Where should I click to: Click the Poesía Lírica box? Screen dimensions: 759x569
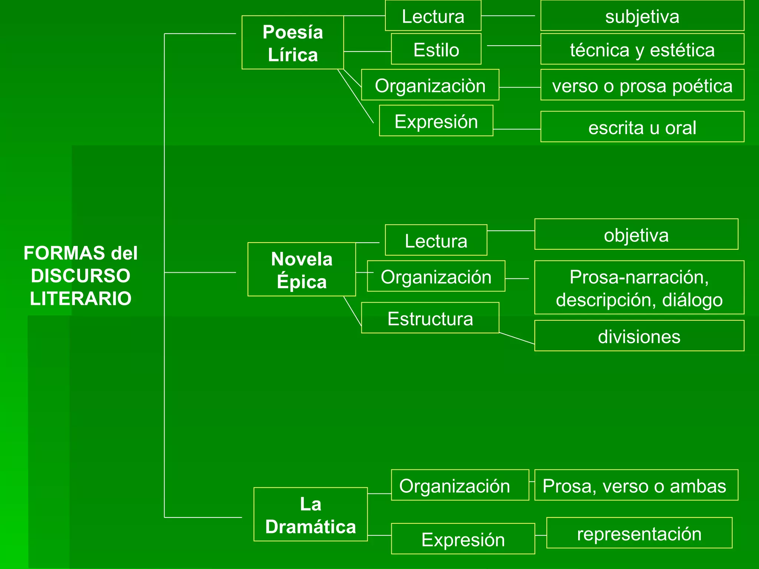(x=292, y=43)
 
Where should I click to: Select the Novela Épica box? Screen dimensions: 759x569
(x=301, y=269)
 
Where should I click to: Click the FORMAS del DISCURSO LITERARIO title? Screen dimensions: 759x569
(x=80, y=276)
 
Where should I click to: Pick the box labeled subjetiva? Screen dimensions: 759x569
(x=642, y=16)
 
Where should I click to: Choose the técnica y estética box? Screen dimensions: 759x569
(x=642, y=49)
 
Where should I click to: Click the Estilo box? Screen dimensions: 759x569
(x=436, y=49)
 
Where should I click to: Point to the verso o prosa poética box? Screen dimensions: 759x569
(x=642, y=85)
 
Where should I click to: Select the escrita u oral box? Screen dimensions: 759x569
(x=642, y=127)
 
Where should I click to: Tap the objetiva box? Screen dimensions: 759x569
(x=636, y=234)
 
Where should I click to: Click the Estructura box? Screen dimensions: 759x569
(x=430, y=318)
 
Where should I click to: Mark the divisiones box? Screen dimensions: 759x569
(x=639, y=336)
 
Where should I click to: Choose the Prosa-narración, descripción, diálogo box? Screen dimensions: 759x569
(x=639, y=287)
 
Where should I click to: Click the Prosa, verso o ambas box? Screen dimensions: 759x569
(x=636, y=485)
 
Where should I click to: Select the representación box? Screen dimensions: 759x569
(x=639, y=533)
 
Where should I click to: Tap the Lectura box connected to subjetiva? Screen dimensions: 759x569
(x=433, y=16)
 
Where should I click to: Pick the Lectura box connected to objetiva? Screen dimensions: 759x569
(x=436, y=240)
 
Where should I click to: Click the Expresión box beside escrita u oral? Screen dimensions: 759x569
(x=436, y=121)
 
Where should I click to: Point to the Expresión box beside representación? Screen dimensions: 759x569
(x=463, y=539)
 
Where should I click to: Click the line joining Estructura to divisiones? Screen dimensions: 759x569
(x=517, y=339)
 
